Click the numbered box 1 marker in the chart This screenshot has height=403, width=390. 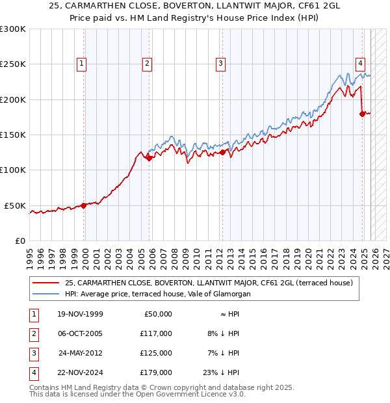pos(81,64)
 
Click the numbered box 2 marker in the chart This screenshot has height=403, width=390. pos(148,64)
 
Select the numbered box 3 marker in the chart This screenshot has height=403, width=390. pos(221,64)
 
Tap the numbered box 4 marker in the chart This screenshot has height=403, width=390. pos(360,64)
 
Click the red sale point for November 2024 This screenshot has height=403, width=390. pos(363,114)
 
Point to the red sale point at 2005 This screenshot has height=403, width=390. pos(149,157)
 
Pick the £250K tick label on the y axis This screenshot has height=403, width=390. pos(13,64)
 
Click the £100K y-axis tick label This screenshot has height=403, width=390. pos(13,170)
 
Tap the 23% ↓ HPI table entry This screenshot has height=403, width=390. pos(220,372)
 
